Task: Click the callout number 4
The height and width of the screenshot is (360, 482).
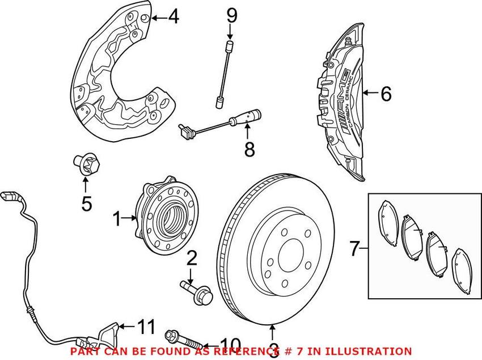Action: pos(172,18)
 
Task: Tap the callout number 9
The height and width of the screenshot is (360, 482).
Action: pos(231,15)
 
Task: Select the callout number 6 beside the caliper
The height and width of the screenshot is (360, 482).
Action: pos(386,94)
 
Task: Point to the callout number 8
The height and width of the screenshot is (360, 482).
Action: pos(248,150)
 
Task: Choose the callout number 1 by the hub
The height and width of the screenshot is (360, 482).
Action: pos(117,219)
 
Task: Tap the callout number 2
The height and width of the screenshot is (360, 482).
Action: pos(192,259)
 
